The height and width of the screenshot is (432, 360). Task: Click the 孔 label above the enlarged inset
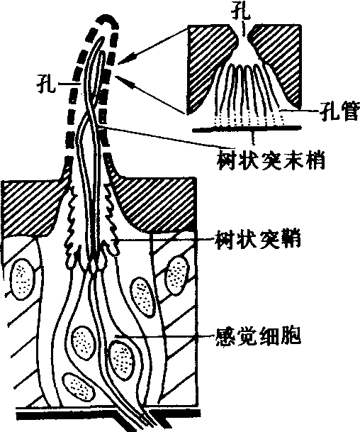pyautogui.click(x=241, y=12)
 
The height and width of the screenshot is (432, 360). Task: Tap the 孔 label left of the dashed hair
pyautogui.click(x=45, y=83)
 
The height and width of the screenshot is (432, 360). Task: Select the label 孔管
pyautogui.click(x=339, y=111)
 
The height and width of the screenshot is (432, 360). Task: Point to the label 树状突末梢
pyautogui.click(x=271, y=161)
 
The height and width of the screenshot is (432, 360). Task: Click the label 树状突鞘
pyautogui.click(x=258, y=240)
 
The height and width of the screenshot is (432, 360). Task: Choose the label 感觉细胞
pyautogui.click(x=259, y=336)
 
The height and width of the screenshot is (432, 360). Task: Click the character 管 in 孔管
pyautogui.click(x=349, y=111)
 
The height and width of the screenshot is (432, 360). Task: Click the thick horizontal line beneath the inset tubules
pyautogui.click(x=247, y=128)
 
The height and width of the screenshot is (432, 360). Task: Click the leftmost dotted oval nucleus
pyautogui.click(x=23, y=279)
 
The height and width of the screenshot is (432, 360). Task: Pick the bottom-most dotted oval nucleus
pyautogui.click(x=79, y=388)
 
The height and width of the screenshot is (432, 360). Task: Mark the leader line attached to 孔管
pyautogui.click(x=300, y=111)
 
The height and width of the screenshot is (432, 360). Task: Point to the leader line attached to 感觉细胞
pyautogui.click(x=164, y=336)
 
